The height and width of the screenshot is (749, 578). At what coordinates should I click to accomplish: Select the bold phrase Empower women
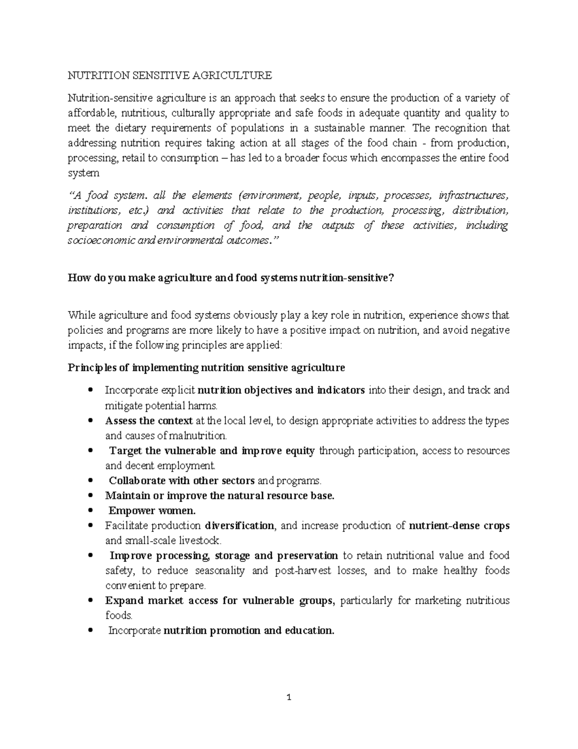pyautogui.click(x=152, y=511)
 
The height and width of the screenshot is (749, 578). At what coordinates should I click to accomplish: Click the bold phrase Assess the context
pyautogui.click(x=149, y=421)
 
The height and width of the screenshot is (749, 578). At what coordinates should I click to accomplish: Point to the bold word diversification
pyautogui.click(x=239, y=526)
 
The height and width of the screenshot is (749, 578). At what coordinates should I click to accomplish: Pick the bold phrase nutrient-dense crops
pyautogui.click(x=459, y=526)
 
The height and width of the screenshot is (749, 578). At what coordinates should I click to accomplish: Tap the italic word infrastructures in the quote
pyautogui.click(x=473, y=195)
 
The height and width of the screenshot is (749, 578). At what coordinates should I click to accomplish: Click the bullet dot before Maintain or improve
pyautogui.click(x=91, y=496)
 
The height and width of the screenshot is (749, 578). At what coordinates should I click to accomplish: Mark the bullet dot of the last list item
pyautogui.click(x=91, y=631)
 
